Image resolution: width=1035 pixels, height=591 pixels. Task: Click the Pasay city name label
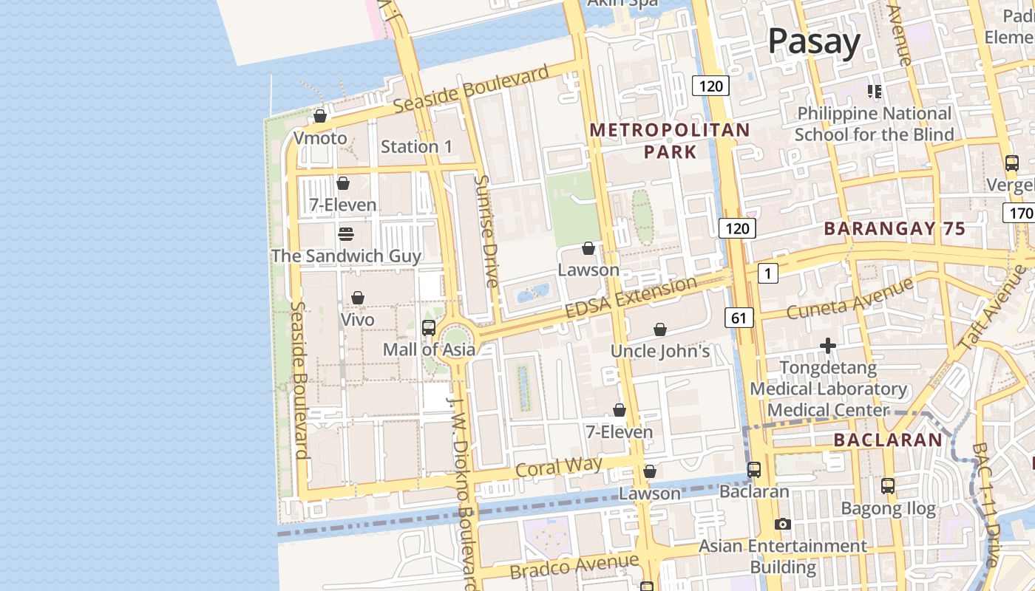pos(814,42)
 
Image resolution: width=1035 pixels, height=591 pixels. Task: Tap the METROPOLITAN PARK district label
pos(670,141)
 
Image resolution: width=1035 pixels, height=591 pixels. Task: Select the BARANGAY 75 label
pos(895,229)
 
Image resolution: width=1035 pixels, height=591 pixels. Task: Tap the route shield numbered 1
pos(768,274)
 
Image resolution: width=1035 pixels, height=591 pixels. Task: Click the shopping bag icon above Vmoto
pos(320,116)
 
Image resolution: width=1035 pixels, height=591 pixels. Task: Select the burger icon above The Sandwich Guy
pos(345,234)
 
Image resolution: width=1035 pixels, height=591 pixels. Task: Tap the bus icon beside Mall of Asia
pos(428,328)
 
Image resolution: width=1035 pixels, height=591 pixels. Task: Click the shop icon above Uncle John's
pos(659,329)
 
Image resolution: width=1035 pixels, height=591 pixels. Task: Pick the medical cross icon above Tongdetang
pos(828,346)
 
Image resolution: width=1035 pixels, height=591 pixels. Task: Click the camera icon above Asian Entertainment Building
pos(782,525)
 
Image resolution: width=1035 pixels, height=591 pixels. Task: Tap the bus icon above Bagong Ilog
pos(888,486)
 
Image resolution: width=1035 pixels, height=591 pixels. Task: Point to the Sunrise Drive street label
pos(487,231)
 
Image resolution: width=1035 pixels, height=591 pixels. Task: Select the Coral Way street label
pos(559,467)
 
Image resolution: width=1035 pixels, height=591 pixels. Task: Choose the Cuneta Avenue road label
pos(850,297)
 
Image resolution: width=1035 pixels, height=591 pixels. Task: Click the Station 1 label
pos(416,147)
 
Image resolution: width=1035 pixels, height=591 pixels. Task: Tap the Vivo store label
pos(357,320)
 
